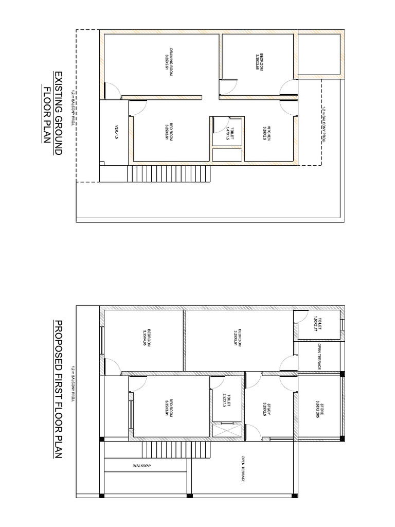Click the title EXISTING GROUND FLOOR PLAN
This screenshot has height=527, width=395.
click(x=53, y=114)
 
